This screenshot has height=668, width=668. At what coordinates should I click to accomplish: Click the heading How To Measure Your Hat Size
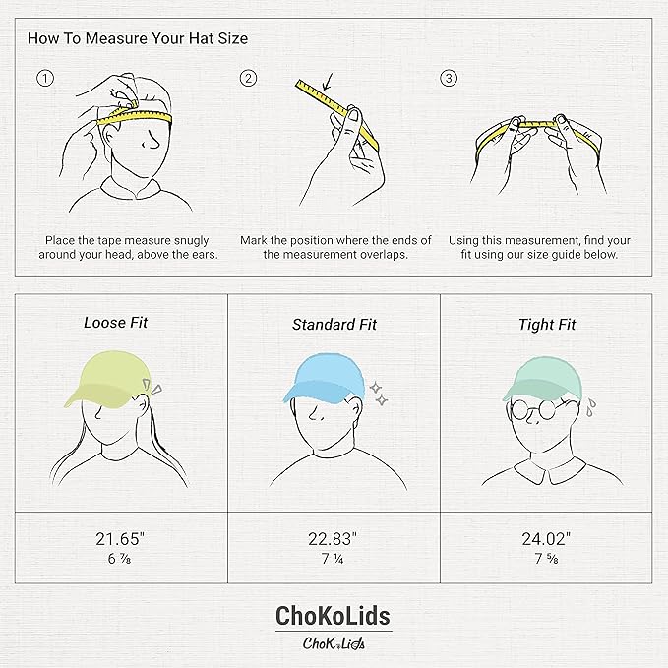[137, 39]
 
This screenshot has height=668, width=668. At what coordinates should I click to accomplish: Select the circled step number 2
[249, 79]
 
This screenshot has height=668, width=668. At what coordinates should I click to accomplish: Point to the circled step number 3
[450, 79]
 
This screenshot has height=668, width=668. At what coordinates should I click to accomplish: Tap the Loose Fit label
[115, 322]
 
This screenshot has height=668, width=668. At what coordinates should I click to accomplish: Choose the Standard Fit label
[334, 324]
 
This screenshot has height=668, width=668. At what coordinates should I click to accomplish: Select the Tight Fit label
[547, 324]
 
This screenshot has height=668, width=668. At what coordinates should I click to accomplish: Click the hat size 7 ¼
[334, 559]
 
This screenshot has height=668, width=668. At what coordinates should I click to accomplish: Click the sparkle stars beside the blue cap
[378, 395]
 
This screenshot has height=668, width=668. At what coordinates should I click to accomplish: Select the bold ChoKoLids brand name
[334, 616]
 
